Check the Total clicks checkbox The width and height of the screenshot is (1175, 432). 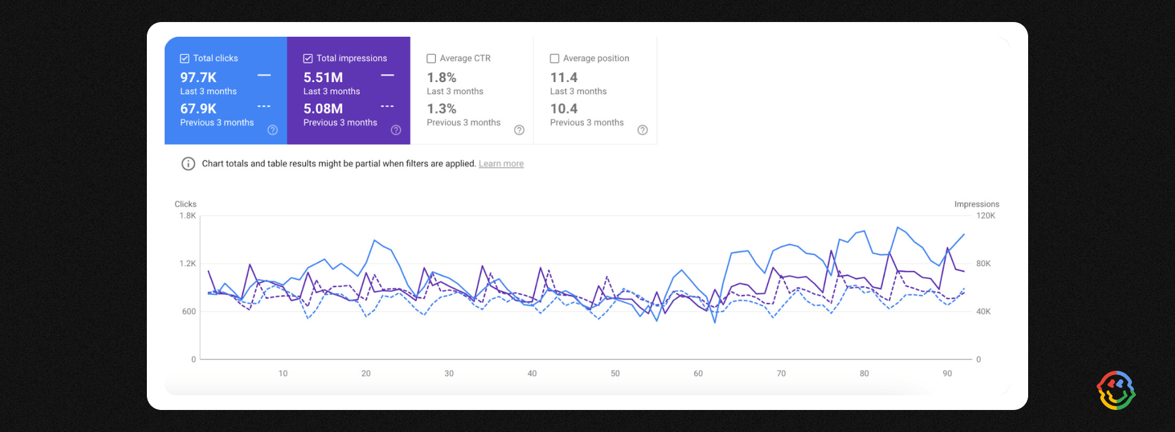click(x=184, y=59)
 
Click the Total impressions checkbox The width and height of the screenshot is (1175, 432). click(x=308, y=59)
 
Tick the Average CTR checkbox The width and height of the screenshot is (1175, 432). click(x=431, y=59)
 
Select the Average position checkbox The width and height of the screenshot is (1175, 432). click(x=554, y=59)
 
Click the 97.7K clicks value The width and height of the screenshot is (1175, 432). click(x=198, y=78)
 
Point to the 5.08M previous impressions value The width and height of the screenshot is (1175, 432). click(x=323, y=109)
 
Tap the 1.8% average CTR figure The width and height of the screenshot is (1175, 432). click(x=441, y=78)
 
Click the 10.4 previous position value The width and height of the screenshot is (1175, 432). click(x=564, y=109)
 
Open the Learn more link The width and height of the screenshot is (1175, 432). click(x=501, y=164)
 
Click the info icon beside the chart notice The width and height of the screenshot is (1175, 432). click(x=188, y=164)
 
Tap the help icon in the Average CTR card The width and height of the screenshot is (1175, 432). click(x=519, y=130)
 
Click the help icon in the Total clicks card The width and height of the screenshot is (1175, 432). click(x=273, y=130)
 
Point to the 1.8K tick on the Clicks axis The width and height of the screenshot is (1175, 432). click(x=188, y=216)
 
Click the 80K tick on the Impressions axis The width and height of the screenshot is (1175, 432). click(x=983, y=264)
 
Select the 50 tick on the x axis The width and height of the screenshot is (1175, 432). click(x=615, y=373)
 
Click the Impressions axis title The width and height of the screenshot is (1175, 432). click(x=977, y=204)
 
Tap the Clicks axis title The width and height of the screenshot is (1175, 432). click(x=185, y=204)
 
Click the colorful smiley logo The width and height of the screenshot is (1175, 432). click(x=1116, y=390)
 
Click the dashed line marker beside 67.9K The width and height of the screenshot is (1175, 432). click(x=264, y=106)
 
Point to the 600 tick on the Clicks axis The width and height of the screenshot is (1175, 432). click(x=189, y=311)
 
